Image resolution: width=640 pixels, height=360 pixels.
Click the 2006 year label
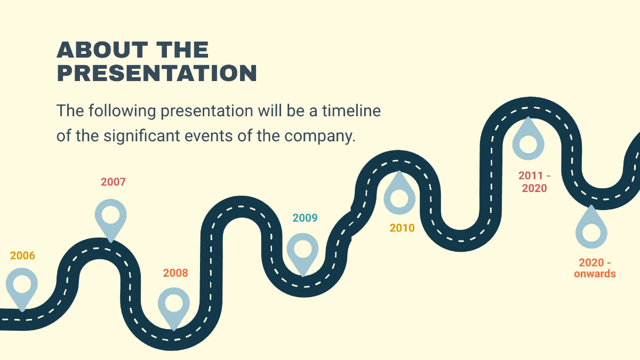tap(22, 256)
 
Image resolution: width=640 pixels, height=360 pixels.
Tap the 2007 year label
tap(113, 182)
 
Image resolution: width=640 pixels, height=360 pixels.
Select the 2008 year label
tap(175, 273)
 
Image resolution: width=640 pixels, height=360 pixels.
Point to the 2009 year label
tap(305, 218)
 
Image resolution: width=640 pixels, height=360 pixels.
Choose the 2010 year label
tap(402, 228)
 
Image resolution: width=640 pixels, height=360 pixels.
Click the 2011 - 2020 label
tap(534, 182)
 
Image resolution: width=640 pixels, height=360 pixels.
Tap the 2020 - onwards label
tap(595, 268)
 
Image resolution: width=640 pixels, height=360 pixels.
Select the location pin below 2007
tap(111, 217)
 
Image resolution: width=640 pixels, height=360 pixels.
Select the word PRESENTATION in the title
tap(157, 74)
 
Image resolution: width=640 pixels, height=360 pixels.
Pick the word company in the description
tap(319, 136)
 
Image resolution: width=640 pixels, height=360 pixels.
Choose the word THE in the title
tap(182, 50)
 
